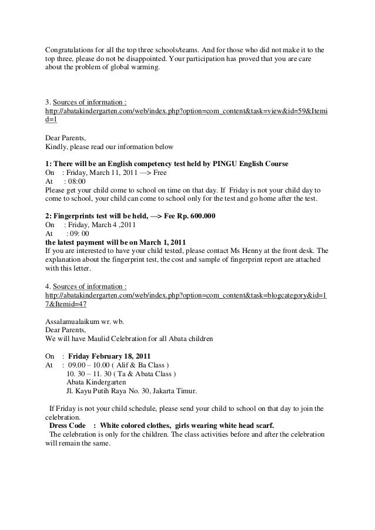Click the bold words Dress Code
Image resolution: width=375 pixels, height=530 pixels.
(x=68, y=425)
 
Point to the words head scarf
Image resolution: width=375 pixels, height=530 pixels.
(x=257, y=425)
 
